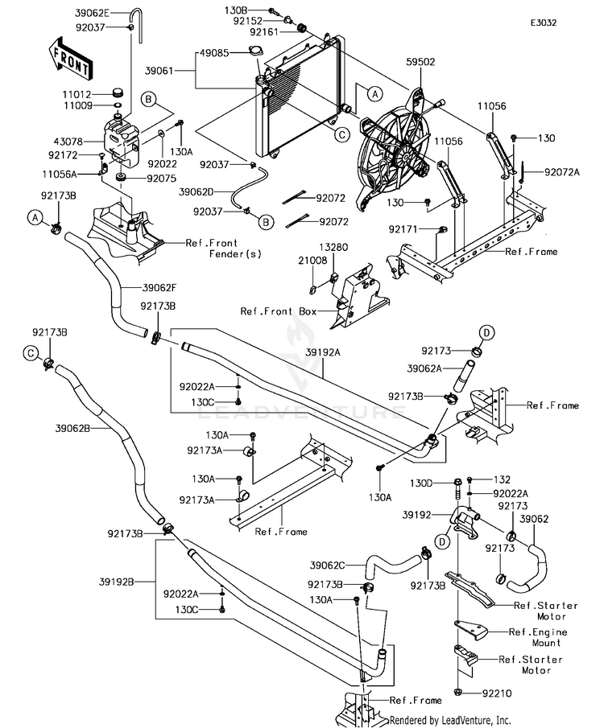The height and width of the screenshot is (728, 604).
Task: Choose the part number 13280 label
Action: coord(337,249)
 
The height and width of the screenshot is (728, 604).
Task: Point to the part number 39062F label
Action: coord(161,287)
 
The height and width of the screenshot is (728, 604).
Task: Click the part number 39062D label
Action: coord(197,191)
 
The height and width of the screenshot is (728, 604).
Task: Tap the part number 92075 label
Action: coord(159,178)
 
